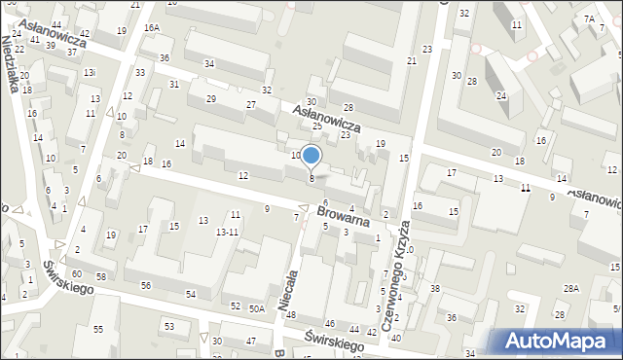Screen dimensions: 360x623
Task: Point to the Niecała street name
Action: coord(287,291)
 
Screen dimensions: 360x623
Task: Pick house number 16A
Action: coord(151,28)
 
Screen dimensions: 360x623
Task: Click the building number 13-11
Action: coord(227,232)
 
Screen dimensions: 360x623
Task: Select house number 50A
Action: coord(257,308)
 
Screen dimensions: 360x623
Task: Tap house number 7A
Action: coord(589,18)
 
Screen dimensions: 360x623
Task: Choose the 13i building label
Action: coord(90,73)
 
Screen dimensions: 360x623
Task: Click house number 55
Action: coord(98,330)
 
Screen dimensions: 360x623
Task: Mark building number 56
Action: coord(145,285)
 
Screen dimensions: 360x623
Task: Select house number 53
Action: coord(168,326)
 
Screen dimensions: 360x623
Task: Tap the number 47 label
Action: coord(251,341)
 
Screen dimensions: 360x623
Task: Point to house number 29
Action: coord(211,99)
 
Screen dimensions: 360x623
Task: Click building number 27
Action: coord(251,105)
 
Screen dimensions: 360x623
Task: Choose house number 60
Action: coord(76,274)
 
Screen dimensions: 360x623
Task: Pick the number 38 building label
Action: coord(435,289)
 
